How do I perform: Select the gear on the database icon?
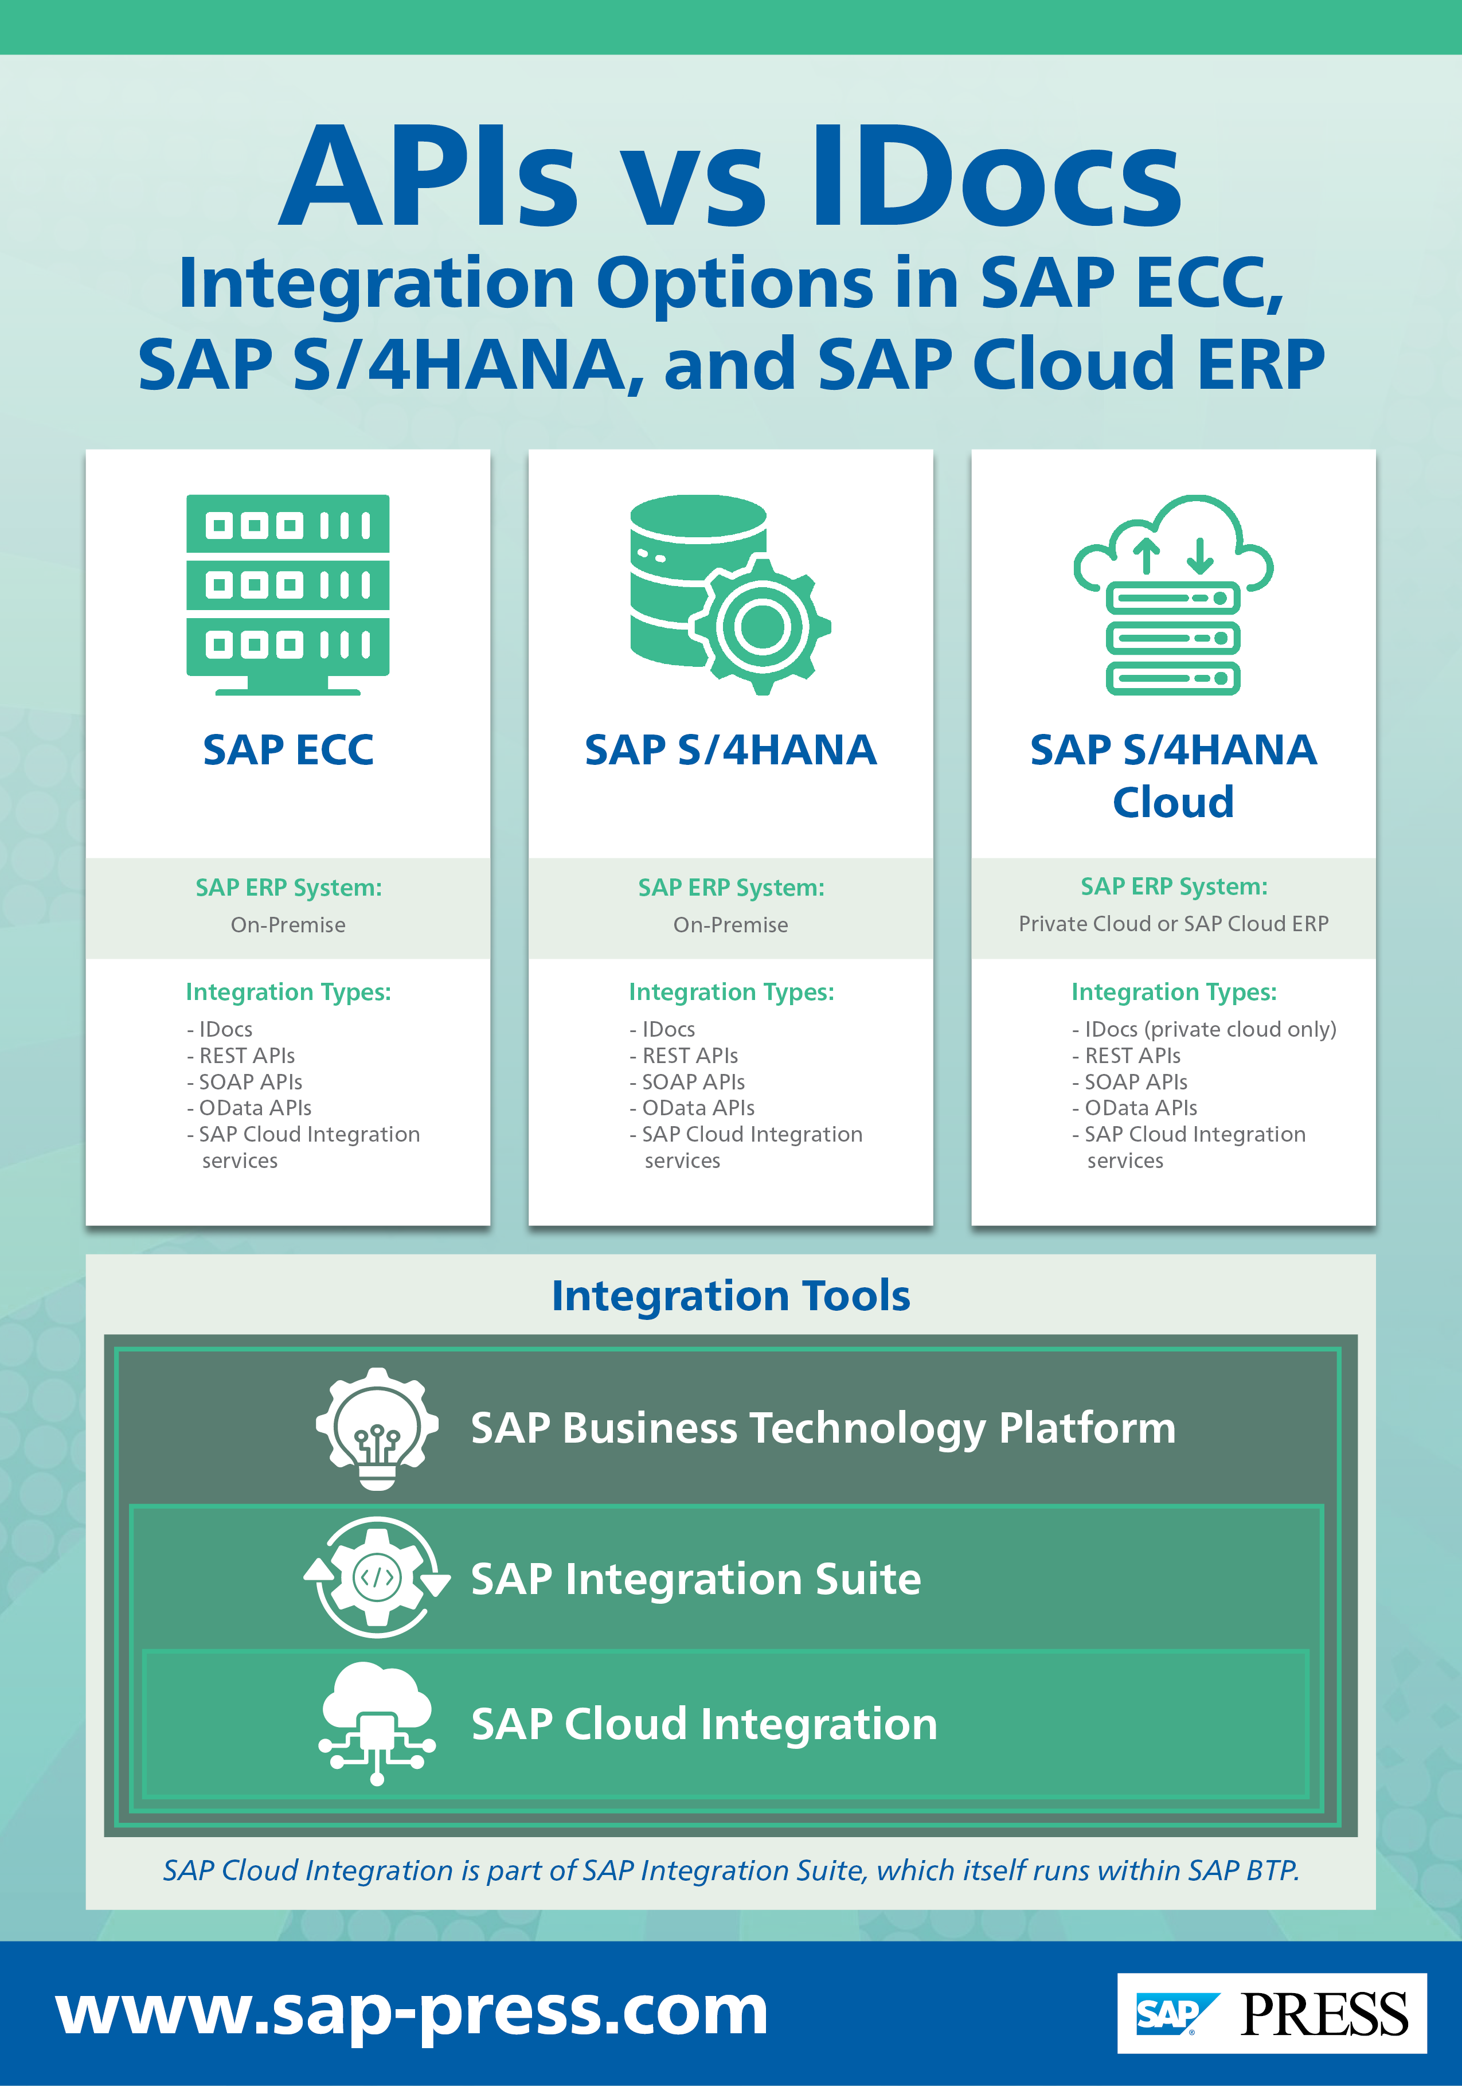point(761,625)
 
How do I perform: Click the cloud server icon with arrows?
point(1173,595)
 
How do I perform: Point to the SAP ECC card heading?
point(287,751)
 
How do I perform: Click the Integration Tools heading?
point(730,1295)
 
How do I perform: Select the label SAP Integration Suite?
point(695,1579)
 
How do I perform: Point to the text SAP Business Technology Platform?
point(822,1428)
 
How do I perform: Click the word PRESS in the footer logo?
point(1323,2015)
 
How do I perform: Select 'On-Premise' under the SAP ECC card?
point(287,925)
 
